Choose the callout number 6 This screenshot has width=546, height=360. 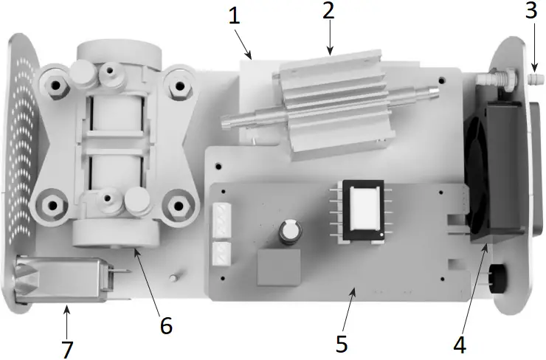pos(167,325)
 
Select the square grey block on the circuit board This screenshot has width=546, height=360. pos(279,266)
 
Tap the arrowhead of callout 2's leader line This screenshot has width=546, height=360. pos(330,53)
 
